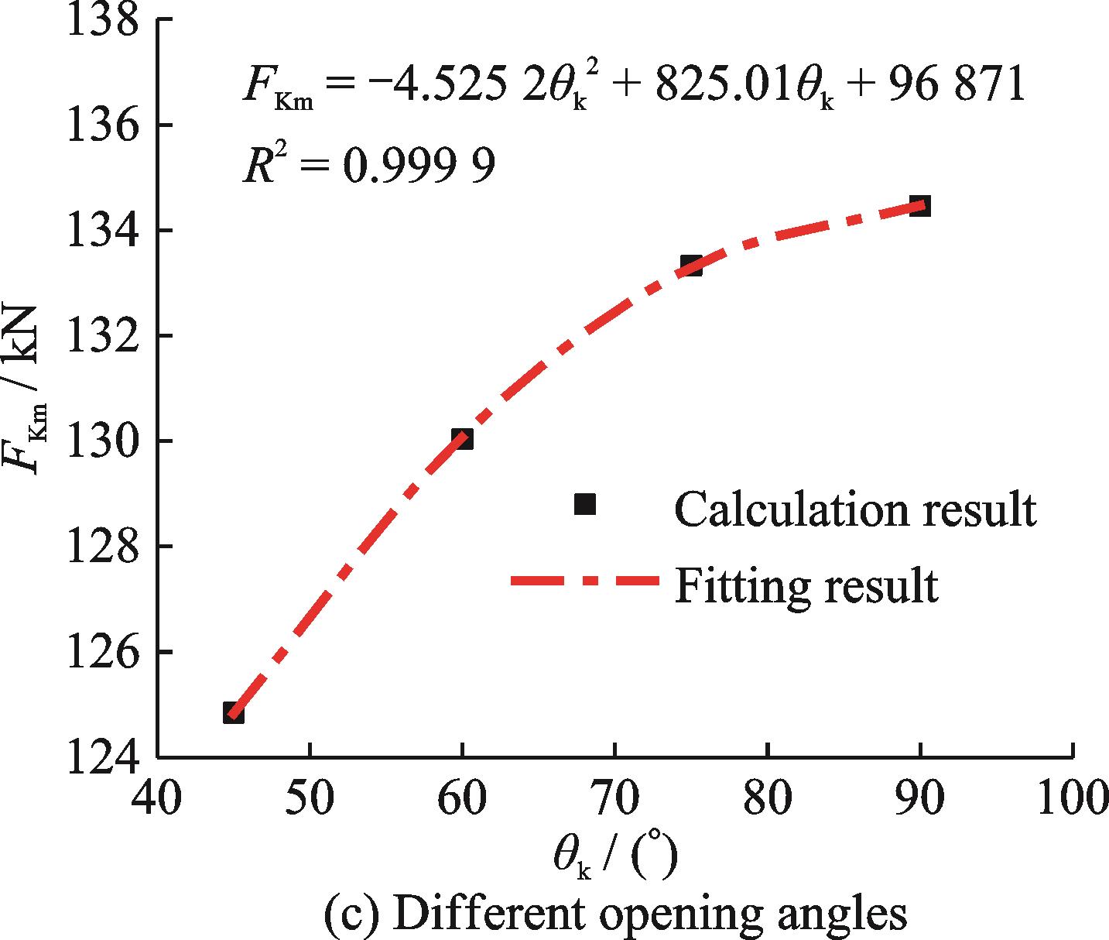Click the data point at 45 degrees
tap(233, 713)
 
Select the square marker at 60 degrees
tap(462, 439)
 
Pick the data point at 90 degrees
tap(919, 206)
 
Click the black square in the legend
tap(585, 504)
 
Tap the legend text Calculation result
tap(855, 509)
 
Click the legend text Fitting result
tap(806, 586)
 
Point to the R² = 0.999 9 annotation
tap(368, 165)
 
